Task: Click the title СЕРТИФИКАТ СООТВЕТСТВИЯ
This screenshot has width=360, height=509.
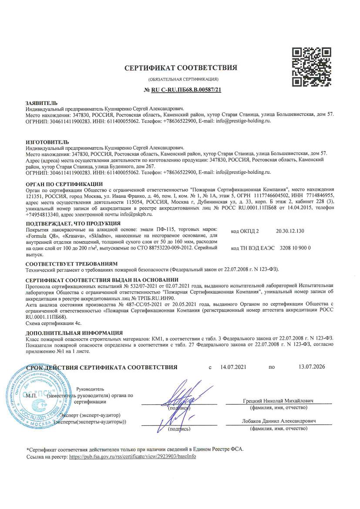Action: coord(181,68)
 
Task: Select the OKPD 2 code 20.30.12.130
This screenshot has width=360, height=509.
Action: coord(290,231)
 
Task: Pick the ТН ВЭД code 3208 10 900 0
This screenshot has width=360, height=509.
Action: coord(294,248)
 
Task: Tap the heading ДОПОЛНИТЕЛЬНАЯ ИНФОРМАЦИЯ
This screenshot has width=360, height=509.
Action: coord(74,333)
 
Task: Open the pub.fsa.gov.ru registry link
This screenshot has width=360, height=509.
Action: coord(133,457)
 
